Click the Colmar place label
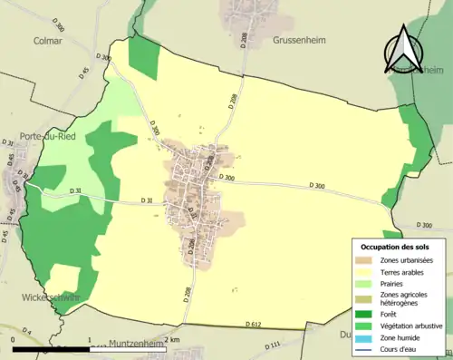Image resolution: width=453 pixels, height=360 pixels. [x=47, y=40]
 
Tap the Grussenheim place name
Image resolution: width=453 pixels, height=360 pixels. [x=300, y=40]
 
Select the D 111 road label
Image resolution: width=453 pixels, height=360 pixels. [x=272, y=345]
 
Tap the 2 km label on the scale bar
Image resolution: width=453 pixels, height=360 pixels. [x=171, y=340]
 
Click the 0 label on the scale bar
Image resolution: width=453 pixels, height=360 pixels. [x=14, y=340]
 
